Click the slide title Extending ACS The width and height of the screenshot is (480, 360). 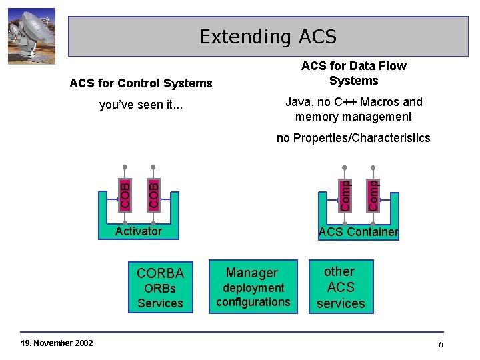[x=267, y=36]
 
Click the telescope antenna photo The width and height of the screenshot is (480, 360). [x=31, y=36]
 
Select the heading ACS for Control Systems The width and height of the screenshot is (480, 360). [x=141, y=83]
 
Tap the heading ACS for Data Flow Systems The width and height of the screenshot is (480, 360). [x=353, y=73]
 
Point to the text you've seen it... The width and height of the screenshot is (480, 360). [x=141, y=105]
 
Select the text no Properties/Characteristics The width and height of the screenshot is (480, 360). [x=353, y=138]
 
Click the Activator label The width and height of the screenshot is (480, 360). [x=138, y=231]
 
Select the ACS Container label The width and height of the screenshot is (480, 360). [x=358, y=232]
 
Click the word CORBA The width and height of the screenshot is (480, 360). [x=160, y=273]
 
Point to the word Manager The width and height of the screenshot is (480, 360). [x=252, y=272]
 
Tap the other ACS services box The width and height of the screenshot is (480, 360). [x=341, y=287]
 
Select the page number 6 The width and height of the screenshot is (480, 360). [x=441, y=344]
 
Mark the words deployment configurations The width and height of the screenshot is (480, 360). [x=253, y=295]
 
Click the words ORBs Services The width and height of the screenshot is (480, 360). [x=160, y=296]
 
